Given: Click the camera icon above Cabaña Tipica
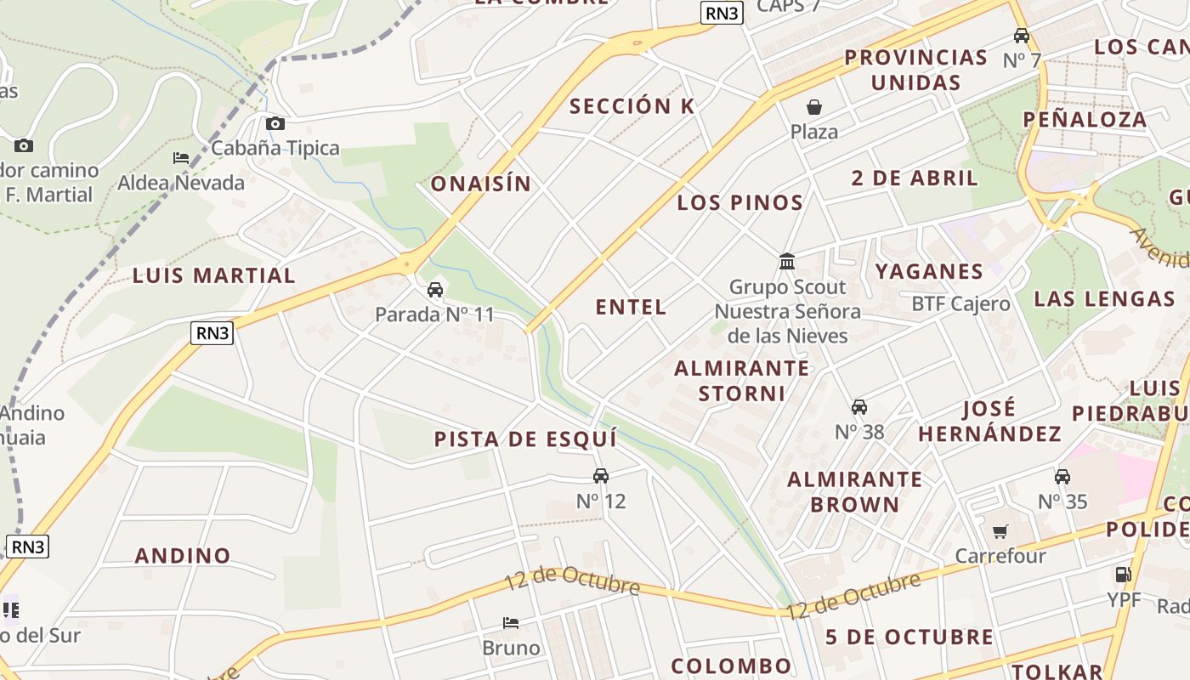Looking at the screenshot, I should pos(275,124).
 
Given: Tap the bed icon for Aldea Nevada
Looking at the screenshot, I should pos(181,158).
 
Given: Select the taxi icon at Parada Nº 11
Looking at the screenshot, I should pos(435,290).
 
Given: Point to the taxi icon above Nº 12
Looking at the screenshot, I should pos(601,476).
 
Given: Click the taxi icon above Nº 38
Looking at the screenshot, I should pos(859,407).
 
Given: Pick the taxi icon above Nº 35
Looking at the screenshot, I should pos(1062,477).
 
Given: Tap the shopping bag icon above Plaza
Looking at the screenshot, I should pos(814,107).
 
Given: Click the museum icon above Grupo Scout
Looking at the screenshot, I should pos(787,261).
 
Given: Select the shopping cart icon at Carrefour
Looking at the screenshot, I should pos(1000,532).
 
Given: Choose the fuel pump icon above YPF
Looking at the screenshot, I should pos(1124,575).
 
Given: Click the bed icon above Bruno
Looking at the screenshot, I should pos(511,623).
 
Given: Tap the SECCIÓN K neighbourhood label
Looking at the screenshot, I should pos(632,106).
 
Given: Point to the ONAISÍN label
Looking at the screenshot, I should pos(480,184).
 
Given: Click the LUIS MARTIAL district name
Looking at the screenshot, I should pos(214,275).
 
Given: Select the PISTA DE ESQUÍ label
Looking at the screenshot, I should pos(525,439).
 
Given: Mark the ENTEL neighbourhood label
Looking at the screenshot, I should pos(631,307).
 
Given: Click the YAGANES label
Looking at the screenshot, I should pos(929,272).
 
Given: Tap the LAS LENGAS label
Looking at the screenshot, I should pos(1104,298).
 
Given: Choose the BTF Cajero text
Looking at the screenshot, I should pos(960,304).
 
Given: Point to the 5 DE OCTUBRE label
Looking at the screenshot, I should pos(909,637).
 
